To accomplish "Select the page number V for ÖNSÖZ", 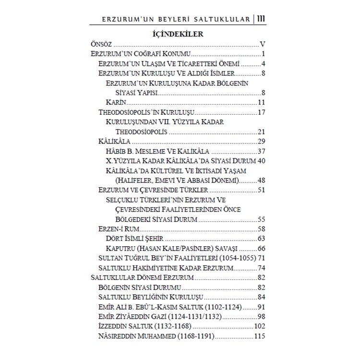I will [263, 44].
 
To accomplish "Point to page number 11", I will [262, 103].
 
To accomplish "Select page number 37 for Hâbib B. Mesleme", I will [261, 152].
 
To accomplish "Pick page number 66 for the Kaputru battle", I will [261, 249].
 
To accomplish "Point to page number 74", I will [261, 268].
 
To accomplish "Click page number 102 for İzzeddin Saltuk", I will [260, 327].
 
